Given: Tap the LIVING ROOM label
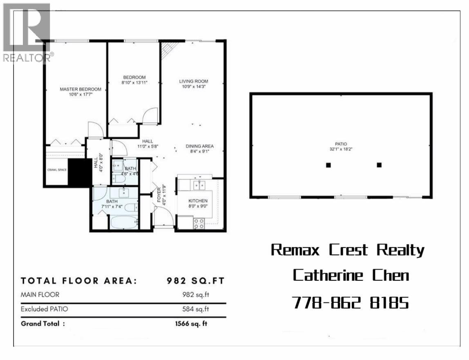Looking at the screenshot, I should point(194,81).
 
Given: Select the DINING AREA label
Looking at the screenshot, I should point(199,146).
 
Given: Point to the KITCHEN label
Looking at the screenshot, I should point(198,201).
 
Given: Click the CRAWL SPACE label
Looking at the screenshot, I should point(56,170).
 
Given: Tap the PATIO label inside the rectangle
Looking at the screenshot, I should point(341,144).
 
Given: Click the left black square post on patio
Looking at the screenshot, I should point(328,165).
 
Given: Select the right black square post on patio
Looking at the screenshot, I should point(379,165).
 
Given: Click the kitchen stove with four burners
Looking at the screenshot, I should point(199,223).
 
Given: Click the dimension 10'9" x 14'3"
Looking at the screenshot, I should point(194,86).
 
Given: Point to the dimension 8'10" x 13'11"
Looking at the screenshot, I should point(134,83).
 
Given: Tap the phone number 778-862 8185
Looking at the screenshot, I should point(351,302).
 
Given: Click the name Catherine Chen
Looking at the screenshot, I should point(351,275).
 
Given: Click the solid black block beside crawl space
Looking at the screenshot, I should point(80,172).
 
